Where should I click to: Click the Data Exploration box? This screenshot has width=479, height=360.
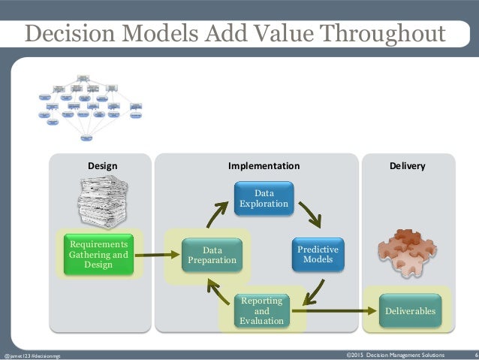coord(263,198)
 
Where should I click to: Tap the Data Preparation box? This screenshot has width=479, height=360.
coord(212,256)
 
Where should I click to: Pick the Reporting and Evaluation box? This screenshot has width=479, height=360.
coord(262,310)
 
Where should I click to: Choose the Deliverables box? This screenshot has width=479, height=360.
coord(409,310)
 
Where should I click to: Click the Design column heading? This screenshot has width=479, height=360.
coord(102,165)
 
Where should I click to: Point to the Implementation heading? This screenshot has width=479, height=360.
coord(264,165)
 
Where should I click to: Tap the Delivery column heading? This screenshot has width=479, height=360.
coord(408,165)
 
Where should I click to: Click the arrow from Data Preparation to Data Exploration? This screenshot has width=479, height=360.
coord(215,213)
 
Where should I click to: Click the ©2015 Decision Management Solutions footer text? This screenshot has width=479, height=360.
coord(395,354)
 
